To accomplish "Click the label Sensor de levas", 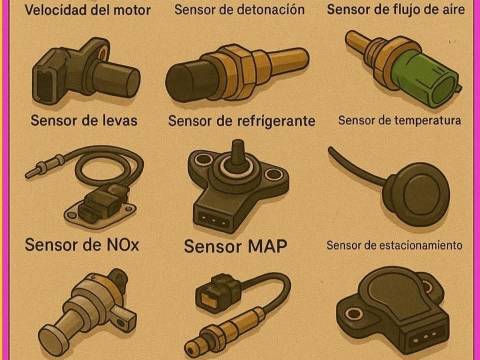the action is click(x=84, y=120).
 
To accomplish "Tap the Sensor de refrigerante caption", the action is click(x=242, y=121).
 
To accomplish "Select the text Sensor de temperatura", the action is click(x=400, y=120).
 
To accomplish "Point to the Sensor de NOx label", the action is click(x=82, y=245).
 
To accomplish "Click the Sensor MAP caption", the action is click(x=235, y=246).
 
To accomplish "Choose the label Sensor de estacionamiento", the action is click(x=394, y=245).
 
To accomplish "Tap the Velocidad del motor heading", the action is click(x=88, y=10).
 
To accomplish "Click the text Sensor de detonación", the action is click(x=239, y=9).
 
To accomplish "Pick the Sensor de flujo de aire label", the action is click(x=396, y=9).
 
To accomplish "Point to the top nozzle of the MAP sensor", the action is click(x=238, y=152).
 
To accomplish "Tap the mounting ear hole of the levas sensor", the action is click(x=104, y=52).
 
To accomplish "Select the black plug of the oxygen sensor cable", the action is click(x=218, y=292).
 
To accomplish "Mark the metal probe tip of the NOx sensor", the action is click(x=33, y=172).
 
